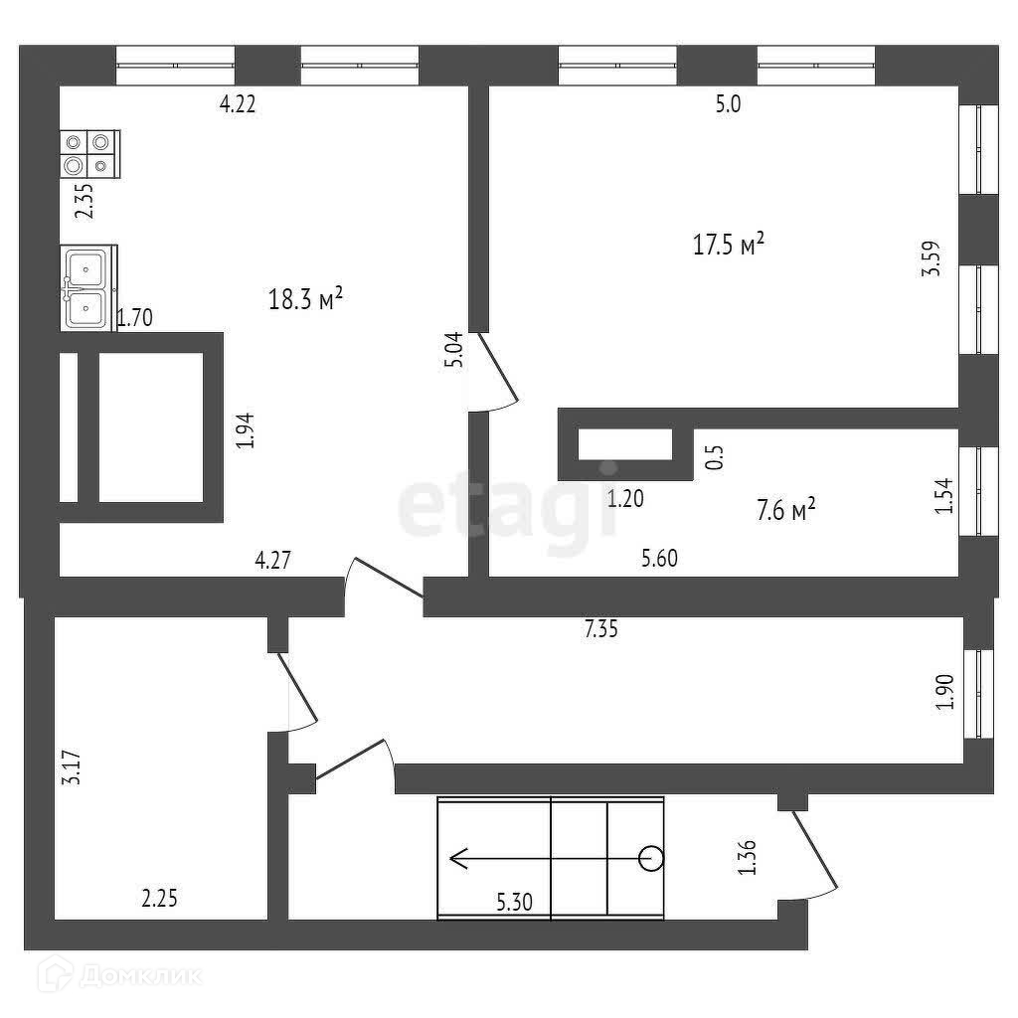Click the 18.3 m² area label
coord(306,298)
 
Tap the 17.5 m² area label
coord(729,244)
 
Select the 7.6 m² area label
coord(786,511)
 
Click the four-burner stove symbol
coord(88,153)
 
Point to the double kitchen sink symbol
coord(87,288)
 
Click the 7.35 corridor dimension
coord(602,628)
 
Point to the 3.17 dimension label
coord(71,767)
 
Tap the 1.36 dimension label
coord(749,858)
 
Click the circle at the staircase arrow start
coord(650,857)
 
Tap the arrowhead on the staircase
coord(458,857)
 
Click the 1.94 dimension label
coord(246,430)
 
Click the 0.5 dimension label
coord(713,456)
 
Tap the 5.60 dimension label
coord(659,559)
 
